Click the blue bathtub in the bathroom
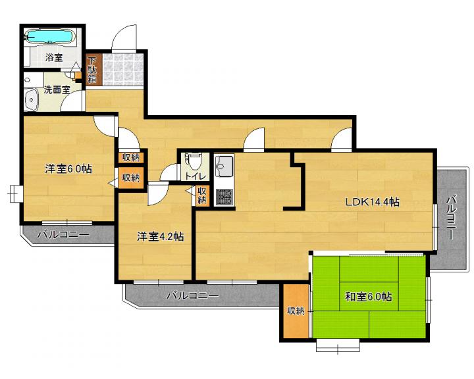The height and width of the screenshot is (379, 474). tap(50, 37)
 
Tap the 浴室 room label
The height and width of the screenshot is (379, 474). tap(54, 57)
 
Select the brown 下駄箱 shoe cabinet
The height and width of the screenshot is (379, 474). tap(92, 70)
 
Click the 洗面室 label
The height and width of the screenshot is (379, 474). tap(57, 89)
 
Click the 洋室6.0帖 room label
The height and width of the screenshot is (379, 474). tap(68, 168)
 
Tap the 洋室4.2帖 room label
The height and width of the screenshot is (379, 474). tap(160, 236)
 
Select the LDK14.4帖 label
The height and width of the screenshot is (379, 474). tap(372, 201)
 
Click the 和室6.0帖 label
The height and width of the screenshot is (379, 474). tap(369, 297)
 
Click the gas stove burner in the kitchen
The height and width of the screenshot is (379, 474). tap(224, 197)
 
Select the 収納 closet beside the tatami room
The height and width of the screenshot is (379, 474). tap(296, 311)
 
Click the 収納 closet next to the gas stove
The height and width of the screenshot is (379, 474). tap(202, 195)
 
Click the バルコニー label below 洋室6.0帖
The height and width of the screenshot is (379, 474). tap(63, 234)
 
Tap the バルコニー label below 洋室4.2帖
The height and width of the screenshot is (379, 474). tap(192, 295)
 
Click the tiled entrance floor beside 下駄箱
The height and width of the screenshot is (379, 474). tap(122, 70)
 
